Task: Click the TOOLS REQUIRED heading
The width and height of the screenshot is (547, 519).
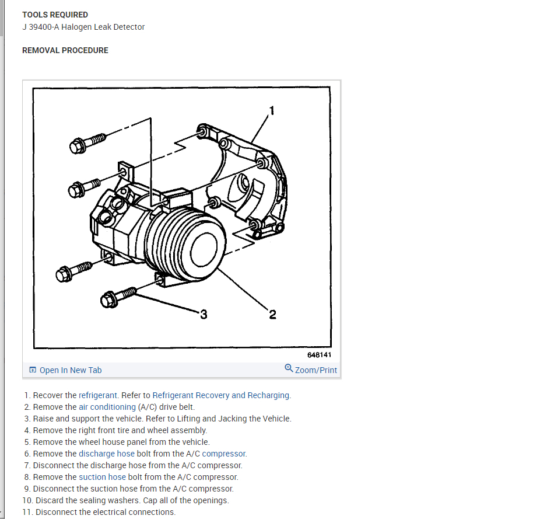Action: (x=55, y=15)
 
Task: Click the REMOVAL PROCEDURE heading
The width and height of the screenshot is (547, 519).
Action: (x=65, y=50)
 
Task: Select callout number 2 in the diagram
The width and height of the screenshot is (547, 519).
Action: (x=272, y=315)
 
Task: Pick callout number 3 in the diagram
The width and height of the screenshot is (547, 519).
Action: (x=204, y=315)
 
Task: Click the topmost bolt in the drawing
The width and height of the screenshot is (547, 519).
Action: (x=87, y=142)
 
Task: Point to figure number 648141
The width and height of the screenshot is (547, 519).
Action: (x=320, y=355)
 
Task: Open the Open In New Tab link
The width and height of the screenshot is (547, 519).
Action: (x=70, y=370)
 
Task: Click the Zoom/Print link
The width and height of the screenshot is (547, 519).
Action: (x=316, y=370)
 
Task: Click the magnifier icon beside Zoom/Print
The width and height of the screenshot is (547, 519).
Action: (x=289, y=368)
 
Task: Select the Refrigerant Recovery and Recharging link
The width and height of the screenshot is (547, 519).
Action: (x=221, y=395)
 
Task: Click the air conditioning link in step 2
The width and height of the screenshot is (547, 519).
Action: (x=107, y=407)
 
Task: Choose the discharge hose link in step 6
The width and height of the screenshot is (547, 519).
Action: (x=107, y=454)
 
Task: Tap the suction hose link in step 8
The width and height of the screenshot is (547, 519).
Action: (x=102, y=477)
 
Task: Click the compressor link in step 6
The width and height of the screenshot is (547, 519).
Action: (x=224, y=454)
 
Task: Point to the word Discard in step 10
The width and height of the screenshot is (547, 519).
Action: (x=50, y=500)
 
